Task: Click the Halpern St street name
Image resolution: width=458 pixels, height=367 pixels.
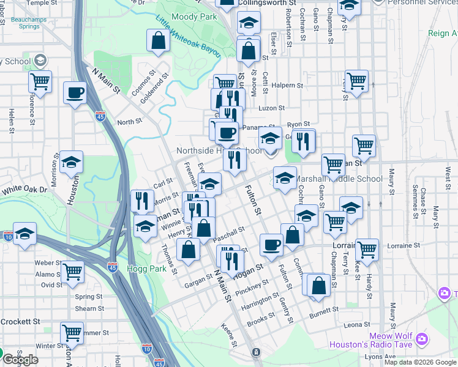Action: click(x=288, y=86)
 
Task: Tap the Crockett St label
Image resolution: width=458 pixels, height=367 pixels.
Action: click(x=20, y=321)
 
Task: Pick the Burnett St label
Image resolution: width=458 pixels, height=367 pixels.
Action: click(x=323, y=311)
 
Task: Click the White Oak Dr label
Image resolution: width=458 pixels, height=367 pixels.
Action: click(x=24, y=190)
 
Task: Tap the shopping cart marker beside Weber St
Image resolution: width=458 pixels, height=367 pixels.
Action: click(x=73, y=271)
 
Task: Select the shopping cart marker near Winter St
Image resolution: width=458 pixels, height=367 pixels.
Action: click(x=72, y=333)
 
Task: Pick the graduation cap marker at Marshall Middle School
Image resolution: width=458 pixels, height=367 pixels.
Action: click(x=285, y=179)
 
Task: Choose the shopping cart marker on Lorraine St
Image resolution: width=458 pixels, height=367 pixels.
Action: click(x=367, y=248)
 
